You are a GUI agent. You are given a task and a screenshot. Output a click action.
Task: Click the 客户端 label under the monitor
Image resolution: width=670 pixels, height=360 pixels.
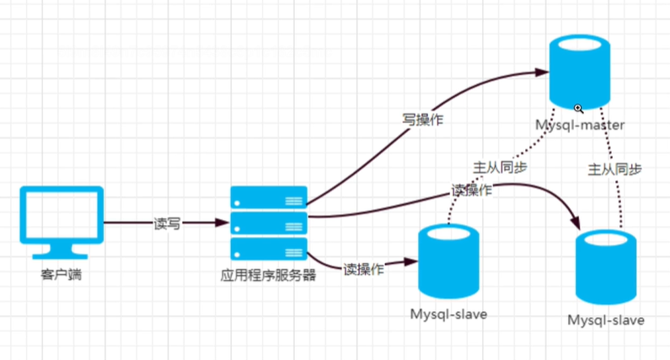coord(61,275)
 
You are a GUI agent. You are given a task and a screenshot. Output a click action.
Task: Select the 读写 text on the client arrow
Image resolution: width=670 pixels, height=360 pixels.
coord(166,223)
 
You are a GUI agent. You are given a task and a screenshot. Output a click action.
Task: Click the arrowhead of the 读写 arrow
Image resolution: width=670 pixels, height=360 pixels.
coord(223,223)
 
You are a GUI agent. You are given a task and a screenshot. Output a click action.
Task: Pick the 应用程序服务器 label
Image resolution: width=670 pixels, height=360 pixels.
coord(268,275)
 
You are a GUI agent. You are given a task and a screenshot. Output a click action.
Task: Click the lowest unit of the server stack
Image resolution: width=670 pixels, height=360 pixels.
coord(269,248)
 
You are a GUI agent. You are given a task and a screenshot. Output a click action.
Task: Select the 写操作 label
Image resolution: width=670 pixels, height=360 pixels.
coord(422,120)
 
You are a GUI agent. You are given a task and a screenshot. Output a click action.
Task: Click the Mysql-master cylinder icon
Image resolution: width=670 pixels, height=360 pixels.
coord(578,72)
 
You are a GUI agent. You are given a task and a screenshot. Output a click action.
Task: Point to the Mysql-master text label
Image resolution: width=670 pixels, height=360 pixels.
coord(579,126)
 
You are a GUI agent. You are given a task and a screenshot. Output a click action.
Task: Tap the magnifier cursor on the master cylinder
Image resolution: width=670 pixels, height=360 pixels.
coord(579,109)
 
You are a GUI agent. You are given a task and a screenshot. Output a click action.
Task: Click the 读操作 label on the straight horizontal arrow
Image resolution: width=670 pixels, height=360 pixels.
coord(363,269)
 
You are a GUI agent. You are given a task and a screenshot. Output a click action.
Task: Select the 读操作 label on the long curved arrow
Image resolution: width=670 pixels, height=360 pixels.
coord(472,191)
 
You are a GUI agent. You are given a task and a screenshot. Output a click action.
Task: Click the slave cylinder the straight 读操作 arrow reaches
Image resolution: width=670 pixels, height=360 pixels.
coord(448,262)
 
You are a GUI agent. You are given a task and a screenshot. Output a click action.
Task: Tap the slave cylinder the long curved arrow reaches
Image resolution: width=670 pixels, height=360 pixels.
coord(605,268)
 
